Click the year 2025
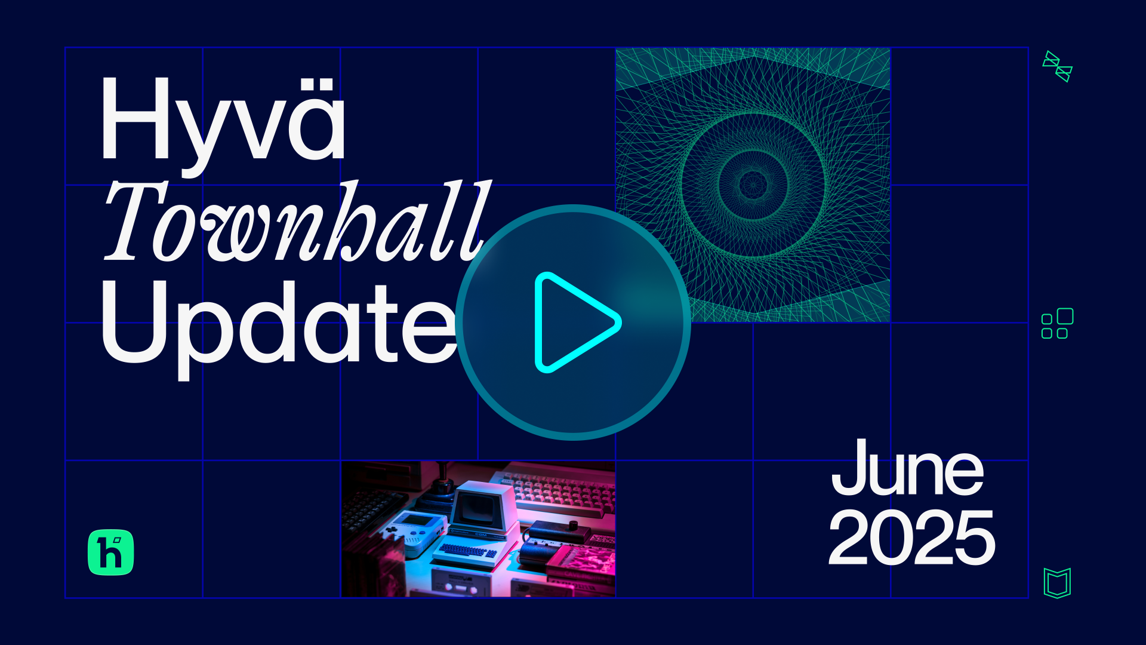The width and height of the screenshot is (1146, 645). coord(912,537)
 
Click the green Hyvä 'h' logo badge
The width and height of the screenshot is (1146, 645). coord(111,552)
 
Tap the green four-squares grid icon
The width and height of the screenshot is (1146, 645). coord(1057,323)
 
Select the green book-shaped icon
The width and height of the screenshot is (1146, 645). coord(1057,583)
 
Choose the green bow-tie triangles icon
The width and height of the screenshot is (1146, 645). coord(1058,66)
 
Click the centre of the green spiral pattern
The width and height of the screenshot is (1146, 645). coord(753,185)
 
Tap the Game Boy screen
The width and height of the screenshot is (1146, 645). coord(417,520)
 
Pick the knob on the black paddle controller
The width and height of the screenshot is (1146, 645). coord(574,526)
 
